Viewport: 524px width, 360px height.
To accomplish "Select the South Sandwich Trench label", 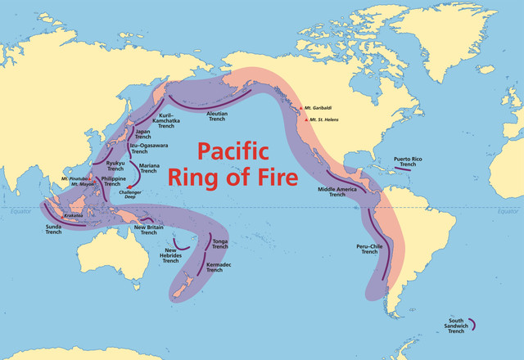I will point(456,325).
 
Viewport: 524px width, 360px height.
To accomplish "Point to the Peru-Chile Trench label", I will point(370,249).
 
